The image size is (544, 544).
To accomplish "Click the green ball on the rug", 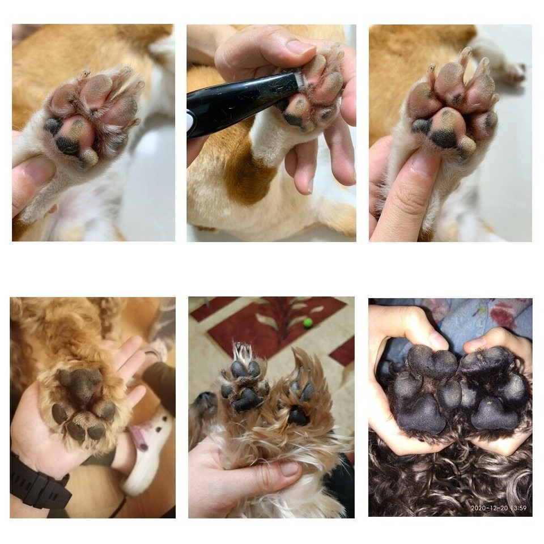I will (308, 323).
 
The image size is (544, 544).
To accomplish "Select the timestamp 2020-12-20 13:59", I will (498, 508).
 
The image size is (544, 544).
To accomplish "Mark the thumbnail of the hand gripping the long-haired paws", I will (290, 468).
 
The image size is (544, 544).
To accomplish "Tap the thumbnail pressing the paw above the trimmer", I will (299, 47).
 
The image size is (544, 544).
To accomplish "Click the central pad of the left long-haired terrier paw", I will (248, 400).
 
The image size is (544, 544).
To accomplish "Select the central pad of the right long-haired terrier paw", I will (298, 416).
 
